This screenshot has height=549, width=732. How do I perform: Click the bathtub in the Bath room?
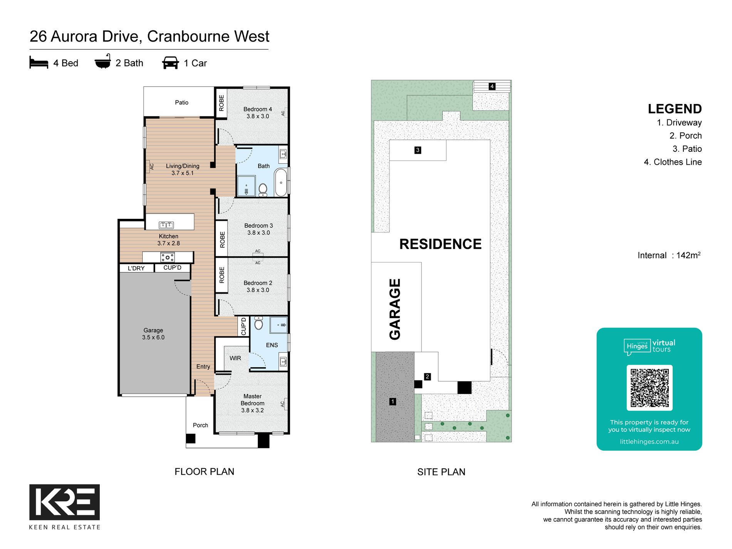point(281,183)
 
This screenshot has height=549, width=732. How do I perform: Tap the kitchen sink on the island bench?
point(166,225)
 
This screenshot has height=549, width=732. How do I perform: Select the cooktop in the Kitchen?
point(168,257)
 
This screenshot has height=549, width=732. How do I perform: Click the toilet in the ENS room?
point(259,323)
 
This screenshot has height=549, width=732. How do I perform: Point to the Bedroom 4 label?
point(258,112)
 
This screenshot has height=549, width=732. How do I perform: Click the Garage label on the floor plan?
point(153,334)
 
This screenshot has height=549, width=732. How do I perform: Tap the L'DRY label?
point(136,268)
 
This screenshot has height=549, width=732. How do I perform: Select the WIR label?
point(235,358)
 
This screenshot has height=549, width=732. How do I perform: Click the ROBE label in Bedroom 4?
point(221,103)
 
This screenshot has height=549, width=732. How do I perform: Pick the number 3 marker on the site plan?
point(418,150)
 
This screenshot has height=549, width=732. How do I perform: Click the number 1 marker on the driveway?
point(393,401)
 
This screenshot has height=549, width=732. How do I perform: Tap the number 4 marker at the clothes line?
point(492,86)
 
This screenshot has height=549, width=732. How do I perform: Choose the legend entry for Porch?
point(685,136)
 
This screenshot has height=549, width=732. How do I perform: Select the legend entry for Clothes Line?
point(673,162)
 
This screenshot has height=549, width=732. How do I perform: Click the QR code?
point(650,388)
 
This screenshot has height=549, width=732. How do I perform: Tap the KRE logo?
point(65,502)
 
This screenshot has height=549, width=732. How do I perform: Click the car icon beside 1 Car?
point(170,63)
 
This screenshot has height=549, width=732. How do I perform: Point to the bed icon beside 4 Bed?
point(39,62)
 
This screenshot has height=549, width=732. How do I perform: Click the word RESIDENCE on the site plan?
point(440,244)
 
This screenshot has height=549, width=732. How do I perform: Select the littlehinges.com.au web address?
point(649,442)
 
